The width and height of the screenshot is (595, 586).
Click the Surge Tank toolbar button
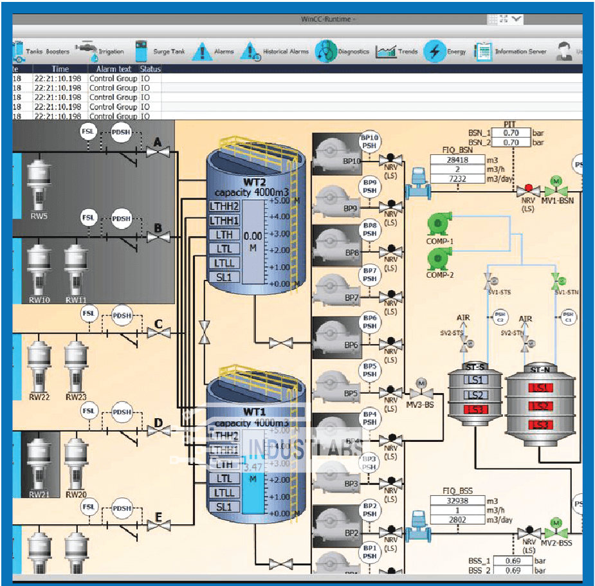pos(159,51)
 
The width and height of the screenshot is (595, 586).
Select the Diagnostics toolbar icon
pos(327,51)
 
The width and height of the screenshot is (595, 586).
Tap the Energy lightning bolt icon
pos(435,51)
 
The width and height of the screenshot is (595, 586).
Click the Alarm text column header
pos(113,69)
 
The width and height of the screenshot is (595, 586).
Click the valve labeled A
pos(157,152)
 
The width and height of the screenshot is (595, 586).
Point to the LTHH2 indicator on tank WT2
pos(224,206)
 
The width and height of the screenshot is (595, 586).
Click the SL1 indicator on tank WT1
pos(224,507)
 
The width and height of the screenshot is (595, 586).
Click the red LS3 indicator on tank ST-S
pos(475,410)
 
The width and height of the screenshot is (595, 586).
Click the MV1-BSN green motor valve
pos(556,190)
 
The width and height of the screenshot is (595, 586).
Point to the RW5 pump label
pos(39,216)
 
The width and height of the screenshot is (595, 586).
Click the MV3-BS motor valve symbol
pos(422,392)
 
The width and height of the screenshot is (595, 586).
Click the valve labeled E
pos(158,529)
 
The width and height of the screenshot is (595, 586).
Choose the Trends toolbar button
pos(397,51)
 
